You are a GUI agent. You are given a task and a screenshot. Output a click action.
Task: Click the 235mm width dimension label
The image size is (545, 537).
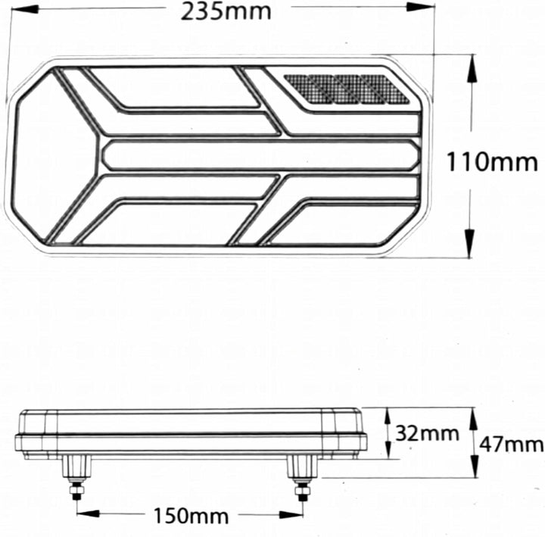(226, 11)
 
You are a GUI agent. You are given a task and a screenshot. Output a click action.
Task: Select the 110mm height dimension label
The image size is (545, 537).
(492, 162)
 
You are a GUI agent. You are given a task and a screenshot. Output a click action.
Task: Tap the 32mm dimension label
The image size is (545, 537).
(427, 433)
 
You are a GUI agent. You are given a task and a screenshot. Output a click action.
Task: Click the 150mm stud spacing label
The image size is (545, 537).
(192, 516)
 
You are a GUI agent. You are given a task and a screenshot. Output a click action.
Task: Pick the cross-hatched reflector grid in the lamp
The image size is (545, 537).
(347, 89)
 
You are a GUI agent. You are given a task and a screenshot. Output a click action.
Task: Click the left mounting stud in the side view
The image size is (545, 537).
(76, 477)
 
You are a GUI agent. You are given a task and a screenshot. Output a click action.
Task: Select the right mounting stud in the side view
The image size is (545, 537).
(302, 477)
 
